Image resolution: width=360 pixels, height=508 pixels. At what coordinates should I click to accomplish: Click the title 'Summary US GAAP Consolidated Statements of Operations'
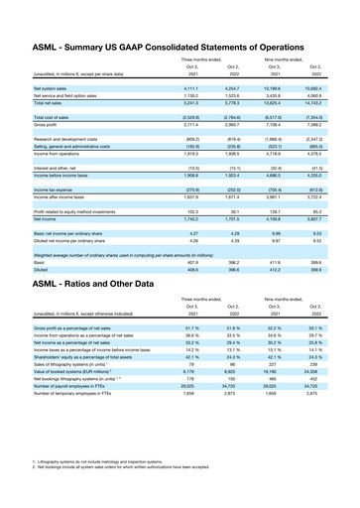(x=179, y=19)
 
